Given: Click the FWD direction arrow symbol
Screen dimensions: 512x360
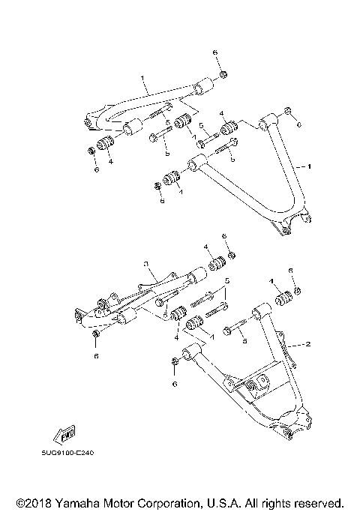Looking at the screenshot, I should coord(61,436).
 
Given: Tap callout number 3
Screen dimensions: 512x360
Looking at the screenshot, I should coord(148,263).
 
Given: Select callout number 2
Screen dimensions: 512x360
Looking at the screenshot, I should coord(306,345).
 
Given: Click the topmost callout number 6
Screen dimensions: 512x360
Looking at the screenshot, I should coord(215,52).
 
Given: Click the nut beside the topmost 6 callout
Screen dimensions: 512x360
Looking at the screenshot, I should coord(223,75).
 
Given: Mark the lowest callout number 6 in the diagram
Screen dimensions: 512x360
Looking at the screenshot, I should coord(175,384).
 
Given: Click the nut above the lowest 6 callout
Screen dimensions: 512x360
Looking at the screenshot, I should coord(174,363).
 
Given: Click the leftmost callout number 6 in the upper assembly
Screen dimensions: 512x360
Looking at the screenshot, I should coord(96,170).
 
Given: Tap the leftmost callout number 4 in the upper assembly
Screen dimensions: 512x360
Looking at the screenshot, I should coord(110,160).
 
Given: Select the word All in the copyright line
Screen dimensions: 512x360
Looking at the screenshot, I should coord(253,502).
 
